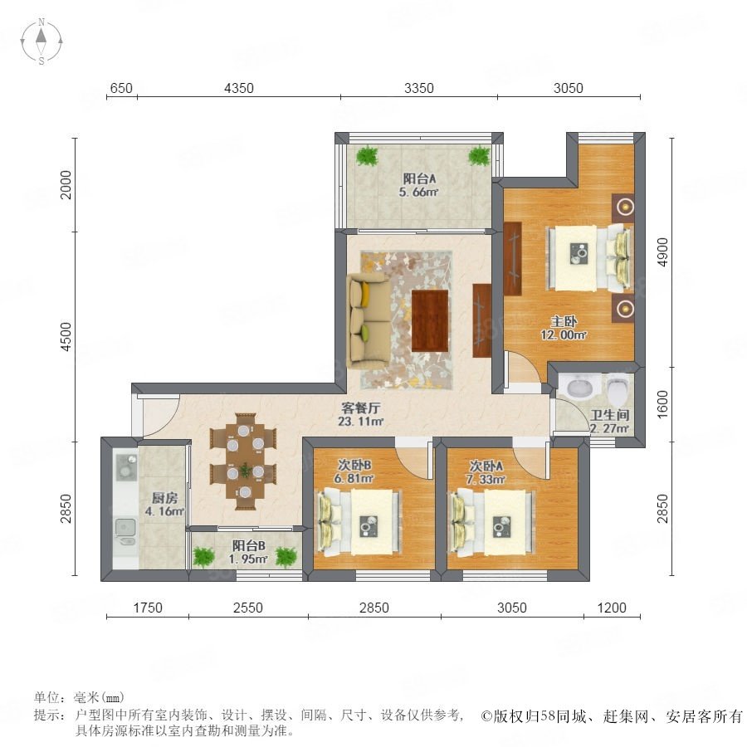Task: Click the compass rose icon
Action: [41, 41]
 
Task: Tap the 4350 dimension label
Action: [239, 88]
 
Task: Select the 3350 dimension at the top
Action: [419, 88]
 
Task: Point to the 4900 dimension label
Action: [662, 252]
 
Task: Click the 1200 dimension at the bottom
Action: [612, 608]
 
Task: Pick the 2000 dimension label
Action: [66, 184]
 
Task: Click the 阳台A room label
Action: [420, 179]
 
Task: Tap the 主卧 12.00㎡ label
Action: [564, 328]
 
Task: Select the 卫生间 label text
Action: [610, 415]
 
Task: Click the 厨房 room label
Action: [164, 498]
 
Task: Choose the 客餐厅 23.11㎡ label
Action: [361, 414]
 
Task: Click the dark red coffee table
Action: [430, 320]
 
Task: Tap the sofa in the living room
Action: [369, 320]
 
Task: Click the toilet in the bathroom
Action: [618, 388]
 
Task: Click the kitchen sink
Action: [126, 527]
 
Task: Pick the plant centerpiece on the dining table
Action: [246, 471]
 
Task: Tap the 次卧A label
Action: [486, 466]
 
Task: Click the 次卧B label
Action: [354, 465]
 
